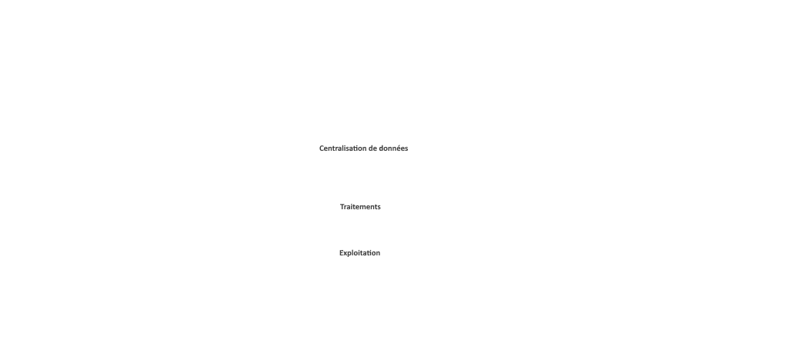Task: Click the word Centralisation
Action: click(342, 148)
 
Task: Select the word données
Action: click(393, 148)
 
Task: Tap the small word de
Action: click(372, 148)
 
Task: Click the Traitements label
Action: click(360, 207)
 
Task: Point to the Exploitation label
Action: click(360, 253)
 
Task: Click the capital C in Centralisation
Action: click(322, 148)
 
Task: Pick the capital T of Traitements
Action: click(342, 207)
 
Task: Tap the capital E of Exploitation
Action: click(341, 253)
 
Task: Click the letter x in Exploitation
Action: click(346, 254)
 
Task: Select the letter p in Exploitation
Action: click(350, 254)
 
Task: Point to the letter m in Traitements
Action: click(364, 208)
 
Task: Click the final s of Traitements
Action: click(379, 208)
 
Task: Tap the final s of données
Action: click(406, 149)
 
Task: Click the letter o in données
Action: click(386, 149)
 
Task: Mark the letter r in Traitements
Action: click(346, 208)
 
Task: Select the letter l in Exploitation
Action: click(354, 253)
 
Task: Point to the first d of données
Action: click(381, 148)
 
